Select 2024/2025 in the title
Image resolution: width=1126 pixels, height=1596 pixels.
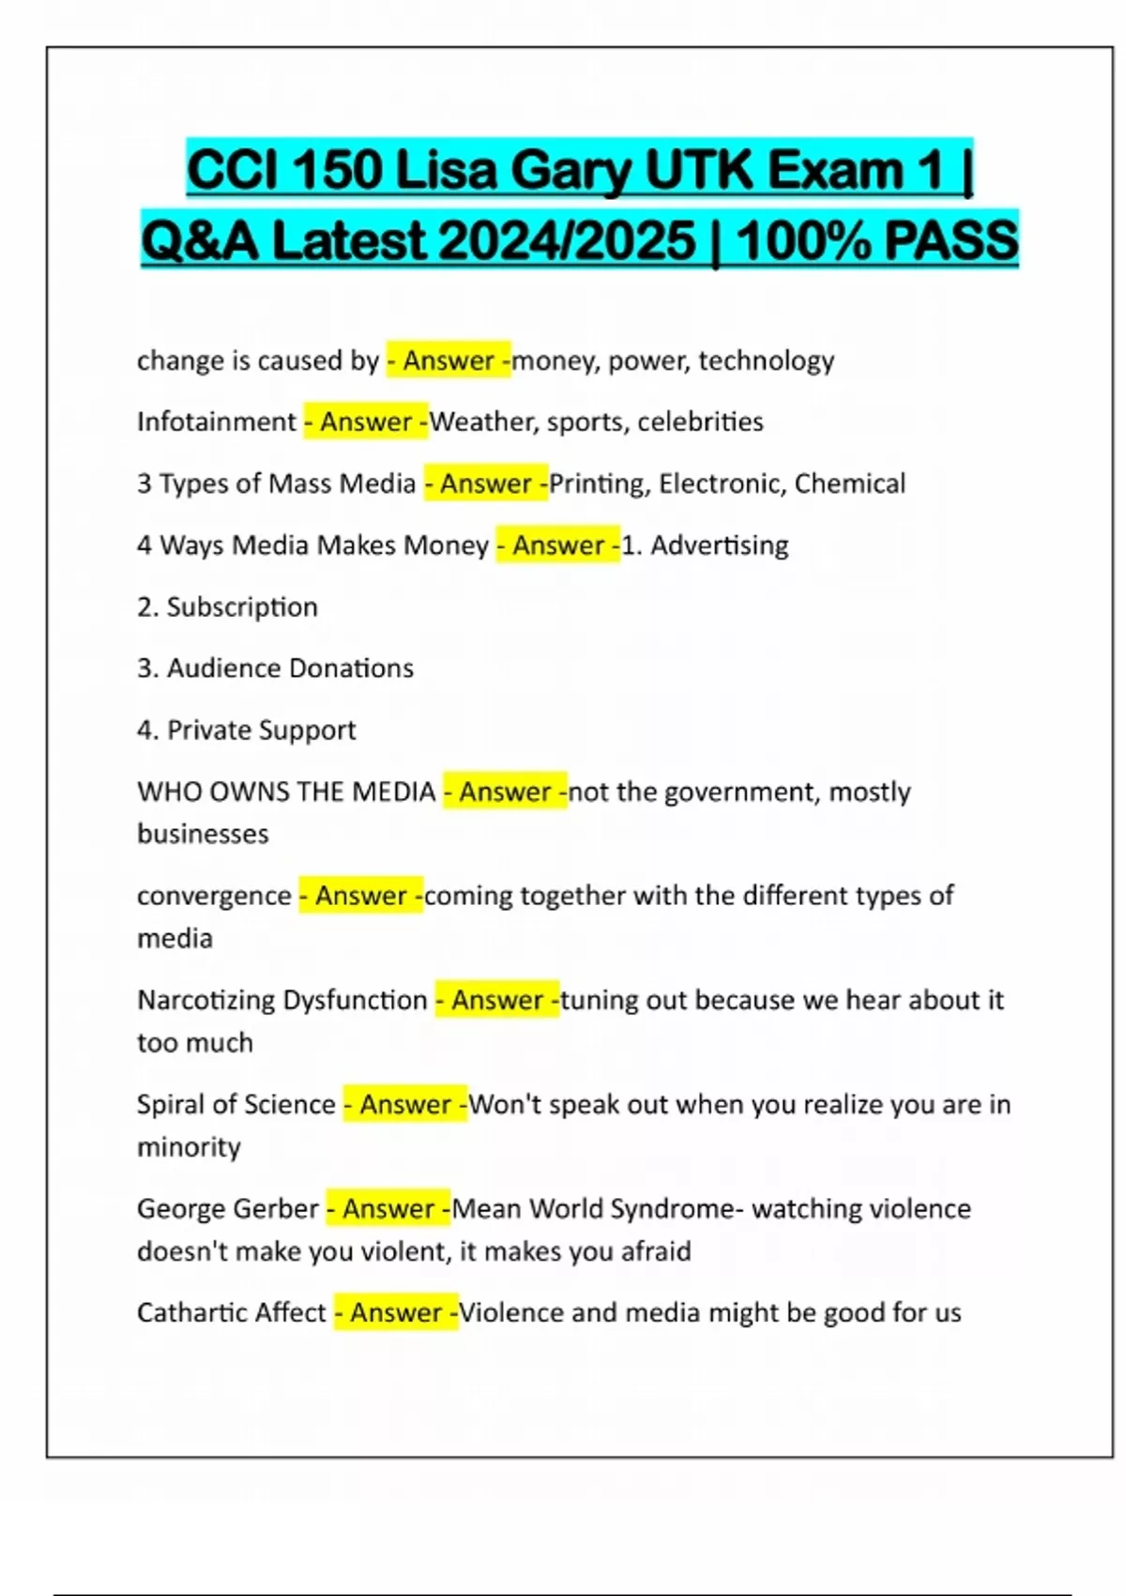tap(568, 240)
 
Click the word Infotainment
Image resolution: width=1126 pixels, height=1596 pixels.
tap(216, 422)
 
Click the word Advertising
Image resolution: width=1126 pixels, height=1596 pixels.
tap(719, 545)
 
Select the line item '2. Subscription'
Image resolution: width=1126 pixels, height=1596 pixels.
tap(227, 607)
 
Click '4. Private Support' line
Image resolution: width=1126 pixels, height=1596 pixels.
tap(246, 730)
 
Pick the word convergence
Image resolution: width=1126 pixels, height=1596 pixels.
tap(214, 897)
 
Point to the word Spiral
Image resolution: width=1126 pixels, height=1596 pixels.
tap(171, 1104)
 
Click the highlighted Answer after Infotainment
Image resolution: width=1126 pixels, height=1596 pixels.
tap(366, 422)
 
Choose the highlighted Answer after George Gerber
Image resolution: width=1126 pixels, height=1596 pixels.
tap(388, 1208)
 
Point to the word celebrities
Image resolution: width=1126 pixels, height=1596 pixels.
tap(700, 422)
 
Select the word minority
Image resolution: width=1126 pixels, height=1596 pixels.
tap(189, 1147)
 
